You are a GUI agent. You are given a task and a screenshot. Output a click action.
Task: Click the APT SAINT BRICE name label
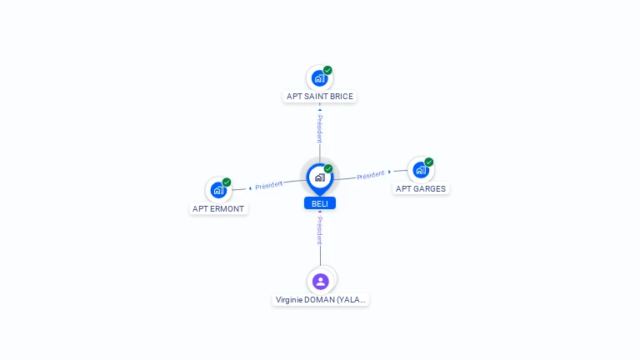tap(320, 97)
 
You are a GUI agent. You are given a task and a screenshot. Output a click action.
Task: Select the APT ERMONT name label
tap(218, 208)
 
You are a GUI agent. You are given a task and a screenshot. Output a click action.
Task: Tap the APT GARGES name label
tap(420, 188)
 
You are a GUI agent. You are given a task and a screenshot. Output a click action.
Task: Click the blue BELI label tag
tap(320, 203)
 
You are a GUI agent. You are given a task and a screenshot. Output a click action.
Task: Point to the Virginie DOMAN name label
tap(320, 300)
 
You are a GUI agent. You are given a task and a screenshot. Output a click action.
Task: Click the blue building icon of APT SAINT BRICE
tap(320, 78)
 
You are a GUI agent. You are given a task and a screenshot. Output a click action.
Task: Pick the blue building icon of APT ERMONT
tap(218, 190)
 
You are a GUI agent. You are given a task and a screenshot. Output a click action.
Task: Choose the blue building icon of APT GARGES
tap(420, 170)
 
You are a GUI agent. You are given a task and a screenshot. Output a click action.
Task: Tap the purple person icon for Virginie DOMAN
tap(320, 282)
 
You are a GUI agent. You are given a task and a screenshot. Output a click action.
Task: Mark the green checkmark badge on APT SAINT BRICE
tap(327, 70)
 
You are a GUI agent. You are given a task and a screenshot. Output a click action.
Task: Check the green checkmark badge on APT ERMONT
tap(227, 182)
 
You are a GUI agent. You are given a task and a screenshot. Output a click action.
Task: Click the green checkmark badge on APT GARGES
tap(428, 162)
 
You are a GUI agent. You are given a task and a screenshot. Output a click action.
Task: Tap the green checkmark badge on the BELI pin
tap(328, 168)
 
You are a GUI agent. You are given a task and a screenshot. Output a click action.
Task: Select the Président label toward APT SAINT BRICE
tap(320, 128)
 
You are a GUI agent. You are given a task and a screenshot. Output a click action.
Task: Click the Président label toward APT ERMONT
tap(268, 185)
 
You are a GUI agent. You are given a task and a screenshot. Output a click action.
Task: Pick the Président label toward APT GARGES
tap(371, 175)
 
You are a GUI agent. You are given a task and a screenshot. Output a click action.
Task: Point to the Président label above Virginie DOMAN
tap(320, 231)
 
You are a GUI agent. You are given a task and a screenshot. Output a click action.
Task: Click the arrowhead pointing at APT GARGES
tap(389, 172)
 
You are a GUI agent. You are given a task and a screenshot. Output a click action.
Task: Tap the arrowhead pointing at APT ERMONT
tap(250, 188)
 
